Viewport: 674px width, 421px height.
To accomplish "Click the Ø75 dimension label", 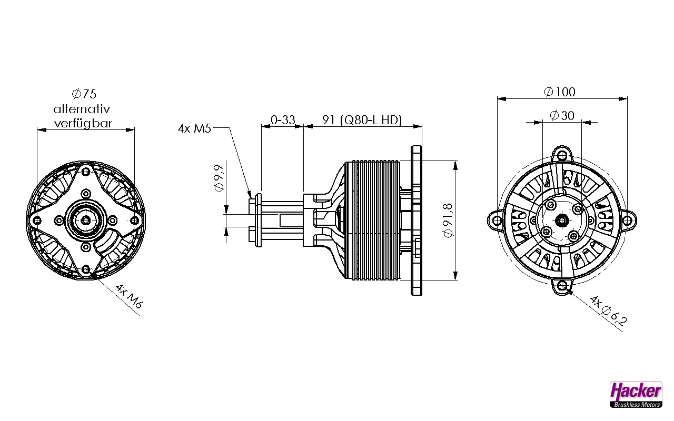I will pyautogui.click(x=84, y=94).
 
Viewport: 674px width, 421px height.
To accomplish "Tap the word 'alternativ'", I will pyautogui.click(x=81, y=109).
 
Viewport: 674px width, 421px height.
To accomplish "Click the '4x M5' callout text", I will pyautogui.click(x=194, y=128).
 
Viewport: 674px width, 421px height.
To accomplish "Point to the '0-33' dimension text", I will pyautogui.click(x=283, y=120).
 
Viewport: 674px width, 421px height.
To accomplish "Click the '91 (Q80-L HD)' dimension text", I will pyautogui.click(x=362, y=120).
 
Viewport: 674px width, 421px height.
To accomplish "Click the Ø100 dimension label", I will pyautogui.click(x=560, y=92).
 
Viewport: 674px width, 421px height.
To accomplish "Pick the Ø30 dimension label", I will pyautogui.click(x=562, y=115).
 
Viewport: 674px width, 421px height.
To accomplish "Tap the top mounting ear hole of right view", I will pyautogui.click(x=563, y=155).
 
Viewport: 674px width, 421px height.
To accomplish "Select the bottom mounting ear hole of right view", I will pyautogui.click(x=563, y=286).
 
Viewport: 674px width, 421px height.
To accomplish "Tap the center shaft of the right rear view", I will pyautogui.click(x=562, y=220).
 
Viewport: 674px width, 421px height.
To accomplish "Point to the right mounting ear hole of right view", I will pyautogui.click(x=628, y=220).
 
